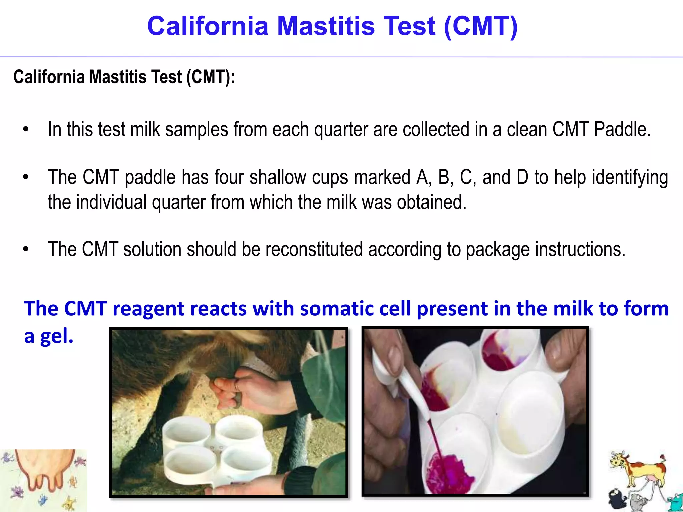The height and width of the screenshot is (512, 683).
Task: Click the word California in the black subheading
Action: [x=49, y=77]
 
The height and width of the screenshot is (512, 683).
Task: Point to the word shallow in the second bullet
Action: [x=278, y=177]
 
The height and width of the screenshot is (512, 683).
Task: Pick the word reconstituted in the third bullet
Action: [x=314, y=249]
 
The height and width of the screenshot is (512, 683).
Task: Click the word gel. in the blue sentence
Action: [x=57, y=336]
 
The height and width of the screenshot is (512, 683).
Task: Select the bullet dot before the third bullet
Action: [x=26, y=249]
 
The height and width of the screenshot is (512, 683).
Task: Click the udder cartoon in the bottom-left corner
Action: [x=43, y=473]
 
